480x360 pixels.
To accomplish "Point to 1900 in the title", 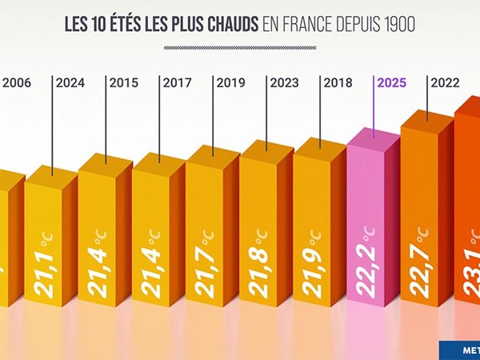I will pos(398,25).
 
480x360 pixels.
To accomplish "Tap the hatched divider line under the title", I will pos(239,47).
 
